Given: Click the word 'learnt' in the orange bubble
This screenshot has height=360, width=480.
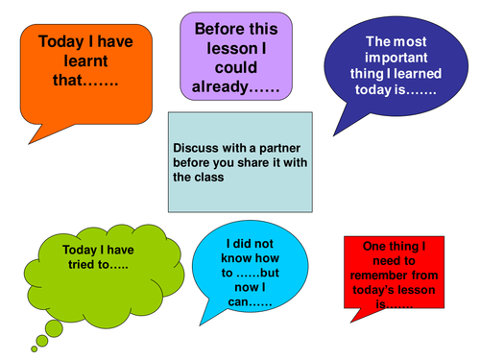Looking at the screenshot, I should coord(61,62).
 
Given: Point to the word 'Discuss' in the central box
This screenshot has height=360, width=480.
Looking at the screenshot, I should coord(197,149).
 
